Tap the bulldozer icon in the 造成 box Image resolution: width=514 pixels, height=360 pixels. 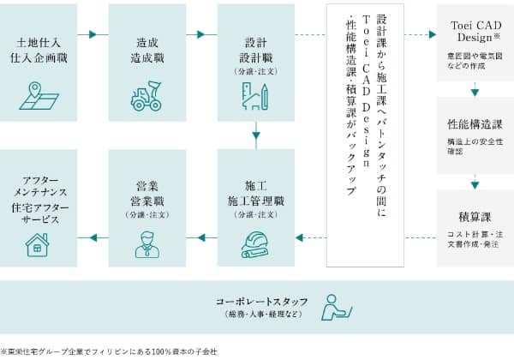pos(146,96)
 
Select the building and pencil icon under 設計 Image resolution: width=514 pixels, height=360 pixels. pos(256,97)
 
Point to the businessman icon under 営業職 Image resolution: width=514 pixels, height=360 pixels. pos(146,243)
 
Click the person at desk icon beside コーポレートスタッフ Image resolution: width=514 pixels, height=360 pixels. pos(336,307)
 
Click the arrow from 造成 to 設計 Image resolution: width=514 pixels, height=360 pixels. pos(202,35)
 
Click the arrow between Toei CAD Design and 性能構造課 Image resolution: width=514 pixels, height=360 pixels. pos(475,90)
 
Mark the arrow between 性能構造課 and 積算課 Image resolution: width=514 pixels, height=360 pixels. pos(475,183)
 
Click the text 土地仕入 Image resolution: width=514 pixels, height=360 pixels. pos(38,41)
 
